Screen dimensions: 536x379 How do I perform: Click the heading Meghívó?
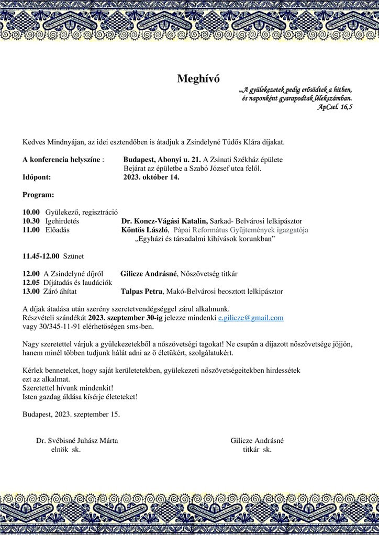point(198,79)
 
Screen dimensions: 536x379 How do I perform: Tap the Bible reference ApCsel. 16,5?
point(335,106)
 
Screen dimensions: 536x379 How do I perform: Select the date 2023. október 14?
point(151,177)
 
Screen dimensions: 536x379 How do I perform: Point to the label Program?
point(38,195)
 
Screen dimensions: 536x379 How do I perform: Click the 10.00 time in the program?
point(31,212)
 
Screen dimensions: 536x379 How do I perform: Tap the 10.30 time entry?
point(31,221)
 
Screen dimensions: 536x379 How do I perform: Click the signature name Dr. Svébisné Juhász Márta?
point(77,441)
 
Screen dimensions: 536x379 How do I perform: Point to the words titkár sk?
point(257,449)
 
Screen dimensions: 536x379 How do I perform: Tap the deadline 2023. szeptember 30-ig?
point(121,317)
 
